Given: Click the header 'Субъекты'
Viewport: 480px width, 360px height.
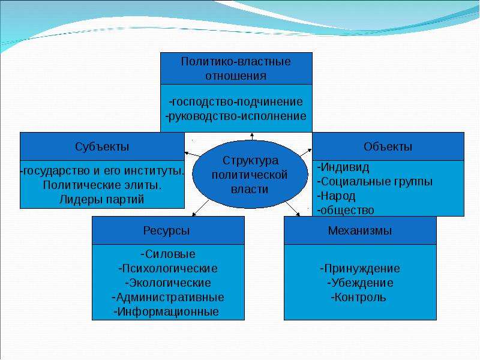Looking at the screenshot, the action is click(x=102, y=147).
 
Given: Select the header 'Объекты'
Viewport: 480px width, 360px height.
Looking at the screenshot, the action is click(x=388, y=147).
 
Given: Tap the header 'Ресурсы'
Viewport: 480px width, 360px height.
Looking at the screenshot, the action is click(x=167, y=231).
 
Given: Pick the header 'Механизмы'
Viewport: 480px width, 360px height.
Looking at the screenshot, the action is click(x=359, y=230).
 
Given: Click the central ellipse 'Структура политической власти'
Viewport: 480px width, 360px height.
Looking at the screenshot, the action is click(x=250, y=174).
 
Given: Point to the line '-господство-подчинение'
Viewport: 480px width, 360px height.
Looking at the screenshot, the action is click(x=236, y=101).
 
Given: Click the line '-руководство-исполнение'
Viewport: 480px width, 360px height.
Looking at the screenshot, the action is click(x=236, y=116).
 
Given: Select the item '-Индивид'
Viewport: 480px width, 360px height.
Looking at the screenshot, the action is click(x=343, y=167).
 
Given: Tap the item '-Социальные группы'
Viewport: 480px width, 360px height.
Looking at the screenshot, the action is click(x=375, y=182).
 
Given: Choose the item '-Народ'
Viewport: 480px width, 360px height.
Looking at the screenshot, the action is click(x=337, y=196).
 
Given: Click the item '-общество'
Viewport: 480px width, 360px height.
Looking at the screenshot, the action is click(x=346, y=211).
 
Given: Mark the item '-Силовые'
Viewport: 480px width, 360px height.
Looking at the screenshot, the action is click(x=168, y=254).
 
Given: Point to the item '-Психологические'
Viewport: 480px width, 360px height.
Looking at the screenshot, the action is click(x=168, y=268).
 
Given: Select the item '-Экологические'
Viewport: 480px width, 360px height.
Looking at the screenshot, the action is click(x=168, y=283).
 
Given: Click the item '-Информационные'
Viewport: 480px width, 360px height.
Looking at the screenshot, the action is click(x=166, y=311).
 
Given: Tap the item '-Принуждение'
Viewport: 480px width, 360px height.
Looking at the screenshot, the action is click(x=360, y=268).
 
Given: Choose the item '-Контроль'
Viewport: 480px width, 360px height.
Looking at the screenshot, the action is click(x=358, y=297).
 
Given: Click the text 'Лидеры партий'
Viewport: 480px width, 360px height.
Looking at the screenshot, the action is click(x=101, y=200).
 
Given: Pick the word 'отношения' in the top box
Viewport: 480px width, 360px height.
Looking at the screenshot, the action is click(x=236, y=76).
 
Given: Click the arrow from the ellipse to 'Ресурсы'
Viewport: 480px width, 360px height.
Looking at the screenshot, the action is click(x=200, y=208).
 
